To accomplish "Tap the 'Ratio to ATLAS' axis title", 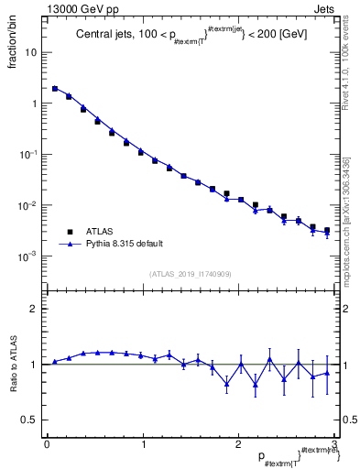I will (x=12, y=364).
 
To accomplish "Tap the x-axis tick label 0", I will (x=46, y=444).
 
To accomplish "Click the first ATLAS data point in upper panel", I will (x=55, y=89).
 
